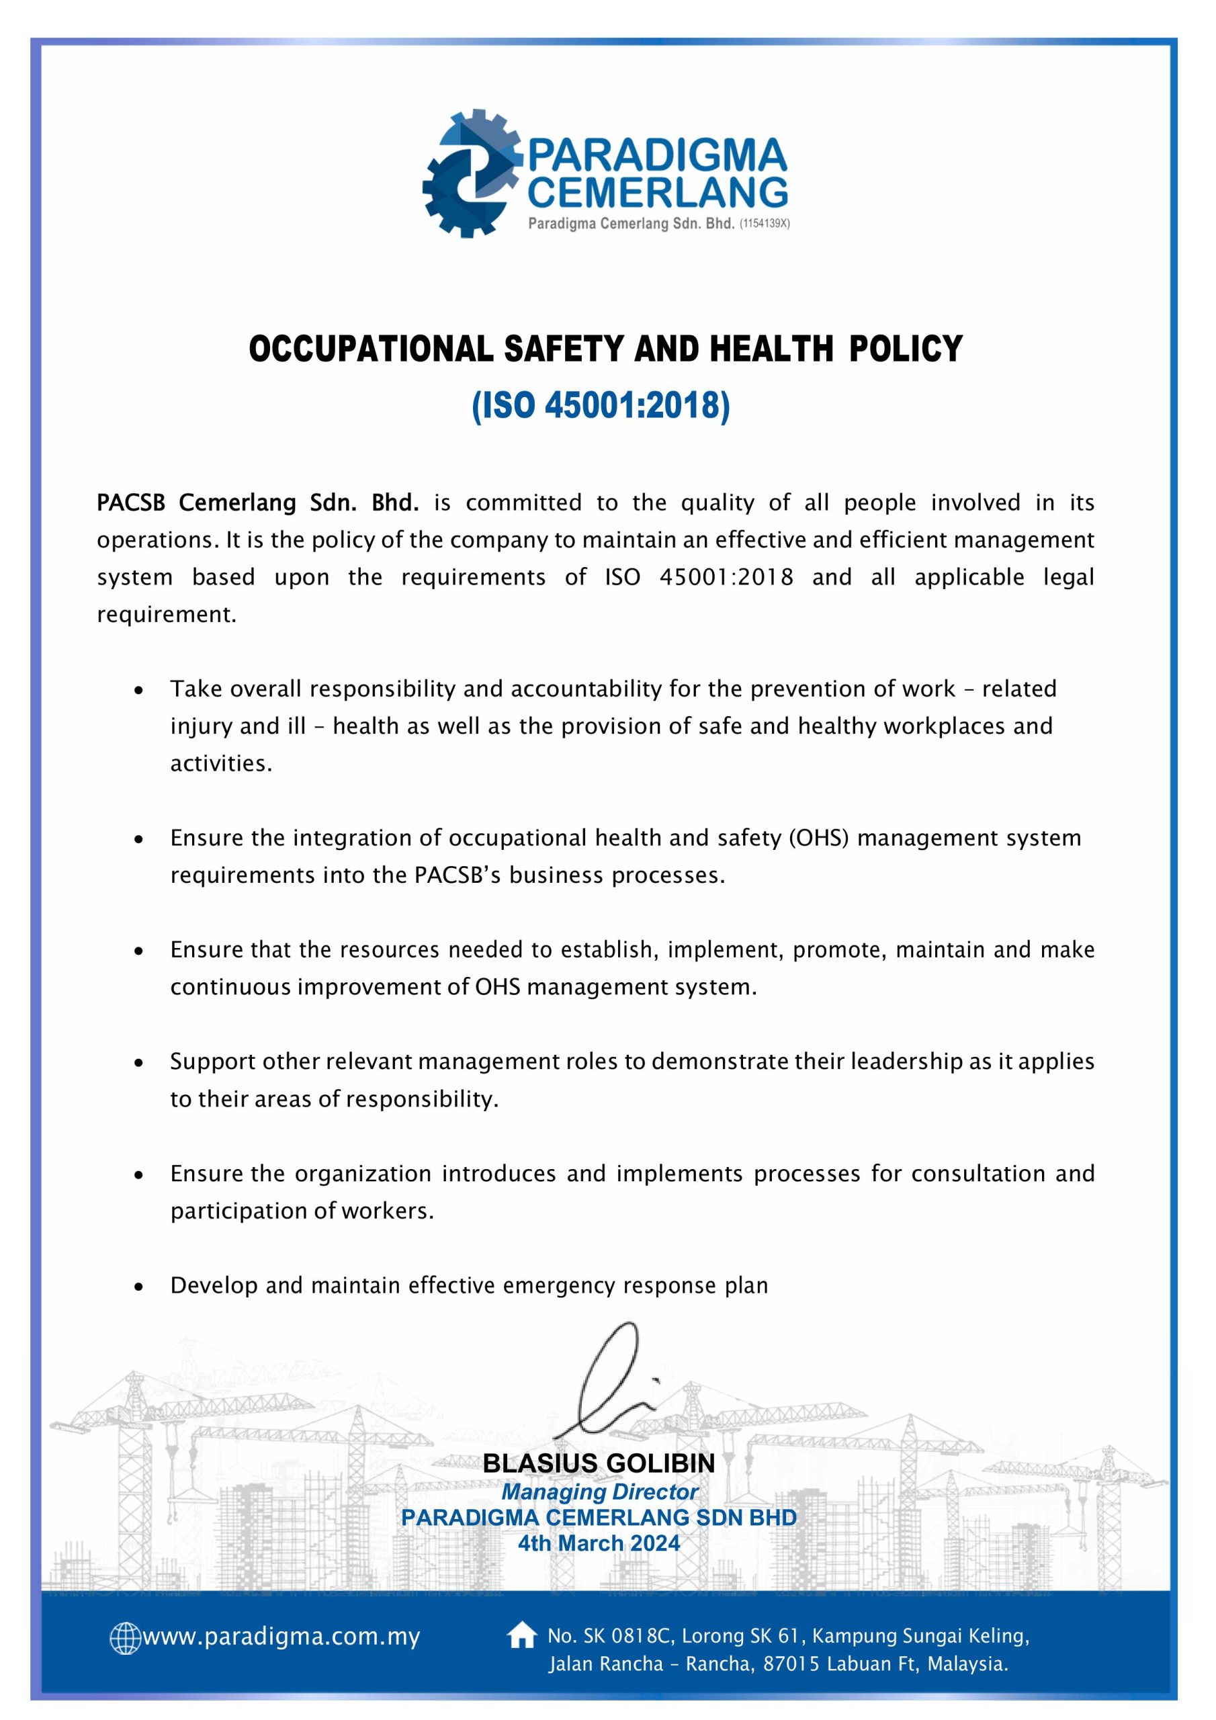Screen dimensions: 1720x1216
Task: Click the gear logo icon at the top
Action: click(470, 175)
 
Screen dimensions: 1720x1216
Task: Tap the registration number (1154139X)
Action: click(765, 223)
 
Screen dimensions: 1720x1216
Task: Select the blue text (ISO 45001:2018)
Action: click(600, 405)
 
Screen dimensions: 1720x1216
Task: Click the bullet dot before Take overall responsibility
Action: click(138, 689)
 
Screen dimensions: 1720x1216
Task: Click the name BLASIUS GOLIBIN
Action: click(599, 1463)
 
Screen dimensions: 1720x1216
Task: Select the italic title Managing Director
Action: click(599, 1492)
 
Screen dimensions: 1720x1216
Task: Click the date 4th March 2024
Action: click(599, 1543)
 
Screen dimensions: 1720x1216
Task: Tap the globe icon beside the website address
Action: click(124, 1637)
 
